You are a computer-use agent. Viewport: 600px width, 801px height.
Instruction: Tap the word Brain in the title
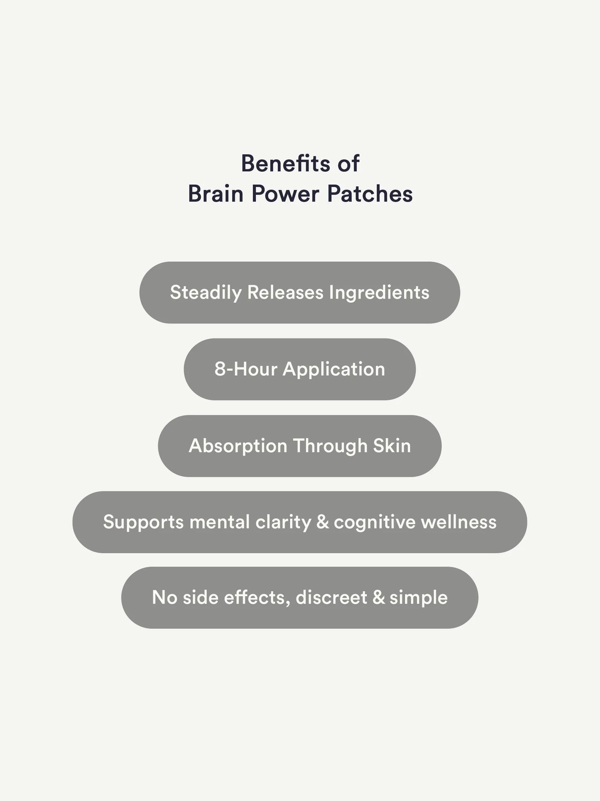click(x=216, y=194)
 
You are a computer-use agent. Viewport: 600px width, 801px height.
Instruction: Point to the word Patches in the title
click(x=370, y=194)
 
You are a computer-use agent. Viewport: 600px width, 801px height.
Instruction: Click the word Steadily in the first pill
click(x=206, y=293)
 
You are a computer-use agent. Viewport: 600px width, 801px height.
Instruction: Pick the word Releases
click(x=285, y=292)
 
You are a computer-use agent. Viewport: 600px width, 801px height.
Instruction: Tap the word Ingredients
click(x=379, y=293)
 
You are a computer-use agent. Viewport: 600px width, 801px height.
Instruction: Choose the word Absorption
click(x=238, y=446)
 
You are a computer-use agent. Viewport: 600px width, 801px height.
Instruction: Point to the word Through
click(x=330, y=446)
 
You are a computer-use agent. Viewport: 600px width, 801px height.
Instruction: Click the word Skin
click(x=392, y=446)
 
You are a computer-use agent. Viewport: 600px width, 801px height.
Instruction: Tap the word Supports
click(x=143, y=522)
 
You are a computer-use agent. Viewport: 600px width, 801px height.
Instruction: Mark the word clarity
click(x=283, y=522)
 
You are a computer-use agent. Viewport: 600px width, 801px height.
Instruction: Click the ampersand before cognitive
click(x=323, y=522)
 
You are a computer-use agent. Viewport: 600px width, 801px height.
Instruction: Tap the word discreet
click(x=331, y=597)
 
